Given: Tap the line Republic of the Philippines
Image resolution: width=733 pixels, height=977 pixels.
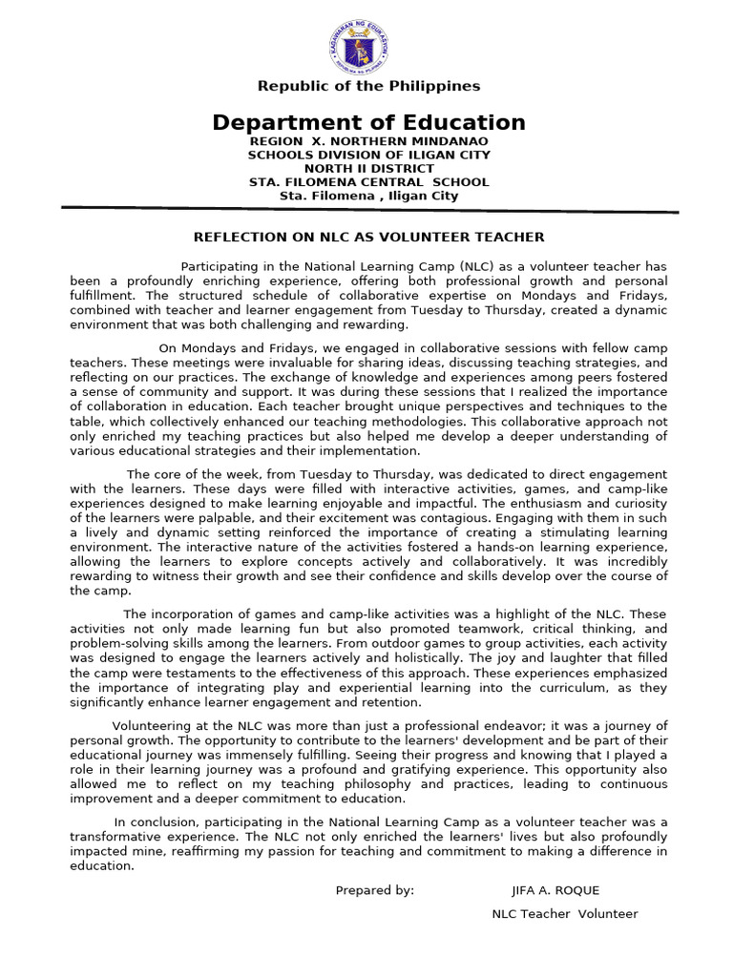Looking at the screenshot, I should [368, 87].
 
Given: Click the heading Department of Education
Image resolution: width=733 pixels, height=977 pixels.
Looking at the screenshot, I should [368, 122].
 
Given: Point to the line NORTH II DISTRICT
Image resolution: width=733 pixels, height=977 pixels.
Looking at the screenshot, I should [368, 169].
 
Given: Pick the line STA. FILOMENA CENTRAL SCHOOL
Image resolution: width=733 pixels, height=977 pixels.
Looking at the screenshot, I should [368, 182].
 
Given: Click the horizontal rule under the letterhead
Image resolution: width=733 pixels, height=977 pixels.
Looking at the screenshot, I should [368, 209].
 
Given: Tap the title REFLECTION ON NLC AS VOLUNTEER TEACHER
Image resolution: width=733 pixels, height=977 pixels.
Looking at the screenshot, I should [368, 237].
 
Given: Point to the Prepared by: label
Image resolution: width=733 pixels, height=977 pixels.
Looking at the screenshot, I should [375, 890].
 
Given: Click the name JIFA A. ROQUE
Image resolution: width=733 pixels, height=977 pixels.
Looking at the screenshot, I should [555, 890].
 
